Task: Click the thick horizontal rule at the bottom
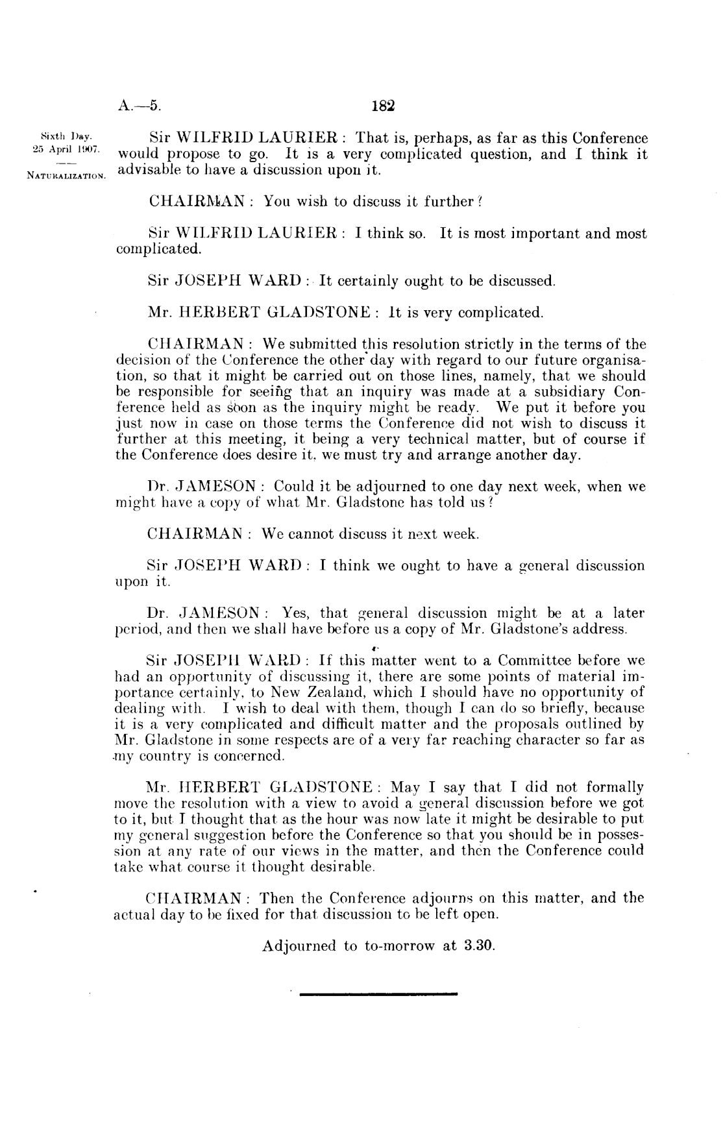tap(379, 993)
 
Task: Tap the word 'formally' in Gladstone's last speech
tap(615, 787)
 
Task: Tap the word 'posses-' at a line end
tap(617, 834)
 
